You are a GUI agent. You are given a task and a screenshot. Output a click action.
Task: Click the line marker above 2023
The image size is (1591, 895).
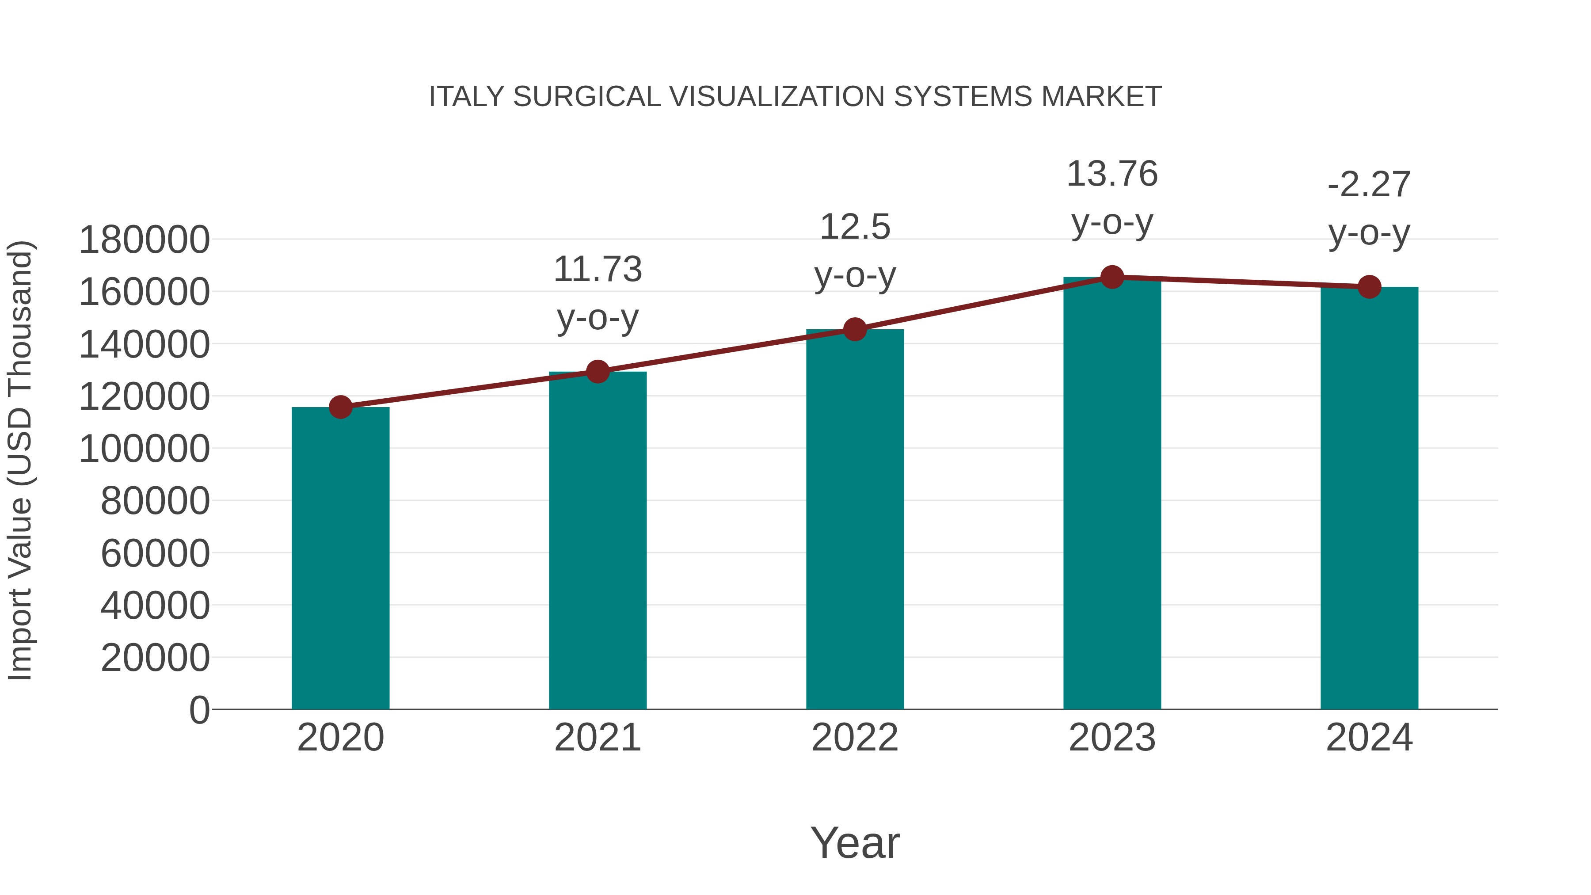pyautogui.click(x=1112, y=277)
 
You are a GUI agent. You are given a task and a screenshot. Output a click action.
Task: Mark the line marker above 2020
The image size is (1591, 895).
pyautogui.click(x=340, y=407)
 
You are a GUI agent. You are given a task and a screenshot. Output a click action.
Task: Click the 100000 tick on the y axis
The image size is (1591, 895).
pyautogui.click(x=144, y=449)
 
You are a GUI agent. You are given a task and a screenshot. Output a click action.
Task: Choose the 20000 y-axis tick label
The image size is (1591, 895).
pyautogui.click(x=155, y=658)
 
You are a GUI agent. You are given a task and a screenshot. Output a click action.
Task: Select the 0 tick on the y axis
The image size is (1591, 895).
pyautogui.click(x=199, y=710)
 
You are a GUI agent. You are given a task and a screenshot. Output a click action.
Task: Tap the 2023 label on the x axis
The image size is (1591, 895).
pyautogui.click(x=1112, y=738)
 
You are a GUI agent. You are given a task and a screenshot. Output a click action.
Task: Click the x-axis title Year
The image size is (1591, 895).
pyautogui.click(x=855, y=842)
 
